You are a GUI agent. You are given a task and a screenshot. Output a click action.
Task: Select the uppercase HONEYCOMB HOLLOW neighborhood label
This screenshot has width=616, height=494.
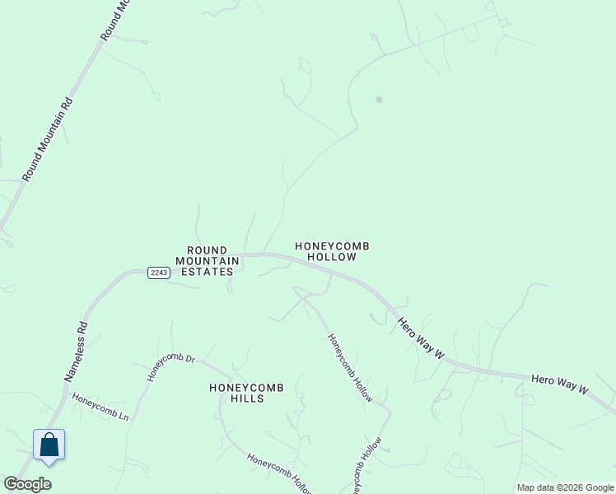pyautogui.click(x=332, y=251)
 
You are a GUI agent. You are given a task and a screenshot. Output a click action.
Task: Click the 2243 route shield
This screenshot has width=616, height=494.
pyautogui.click(x=159, y=273)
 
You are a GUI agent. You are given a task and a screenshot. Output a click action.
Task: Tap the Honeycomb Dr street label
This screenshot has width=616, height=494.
pyautogui.click(x=170, y=367)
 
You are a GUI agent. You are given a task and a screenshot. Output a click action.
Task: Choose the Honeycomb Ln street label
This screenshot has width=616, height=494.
pyautogui.click(x=100, y=407)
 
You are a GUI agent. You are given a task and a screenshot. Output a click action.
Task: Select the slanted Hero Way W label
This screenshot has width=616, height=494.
pyautogui.click(x=421, y=338)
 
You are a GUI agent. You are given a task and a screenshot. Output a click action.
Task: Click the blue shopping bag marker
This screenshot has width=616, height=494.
pyautogui.click(x=49, y=445)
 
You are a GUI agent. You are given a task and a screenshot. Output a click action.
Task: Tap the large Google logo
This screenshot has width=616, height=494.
pyautogui.click(x=27, y=484)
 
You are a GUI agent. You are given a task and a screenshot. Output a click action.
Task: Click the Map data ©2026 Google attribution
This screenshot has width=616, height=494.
pyautogui.click(x=565, y=487)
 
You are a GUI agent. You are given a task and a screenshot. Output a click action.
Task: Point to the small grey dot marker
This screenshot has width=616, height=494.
pyautogui.click(x=379, y=100)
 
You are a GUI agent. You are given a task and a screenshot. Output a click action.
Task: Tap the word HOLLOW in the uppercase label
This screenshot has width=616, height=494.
pyautogui.click(x=332, y=257)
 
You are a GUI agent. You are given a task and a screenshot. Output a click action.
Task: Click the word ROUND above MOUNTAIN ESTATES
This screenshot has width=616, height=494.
pyautogui.click(x=207, y=250)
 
